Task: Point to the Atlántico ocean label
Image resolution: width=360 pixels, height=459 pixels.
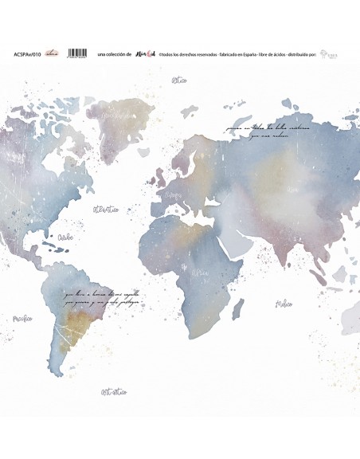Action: (106, 210)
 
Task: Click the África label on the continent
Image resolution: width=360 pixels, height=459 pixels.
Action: (200, 274)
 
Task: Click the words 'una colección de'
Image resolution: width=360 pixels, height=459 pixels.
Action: (112, 54)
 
